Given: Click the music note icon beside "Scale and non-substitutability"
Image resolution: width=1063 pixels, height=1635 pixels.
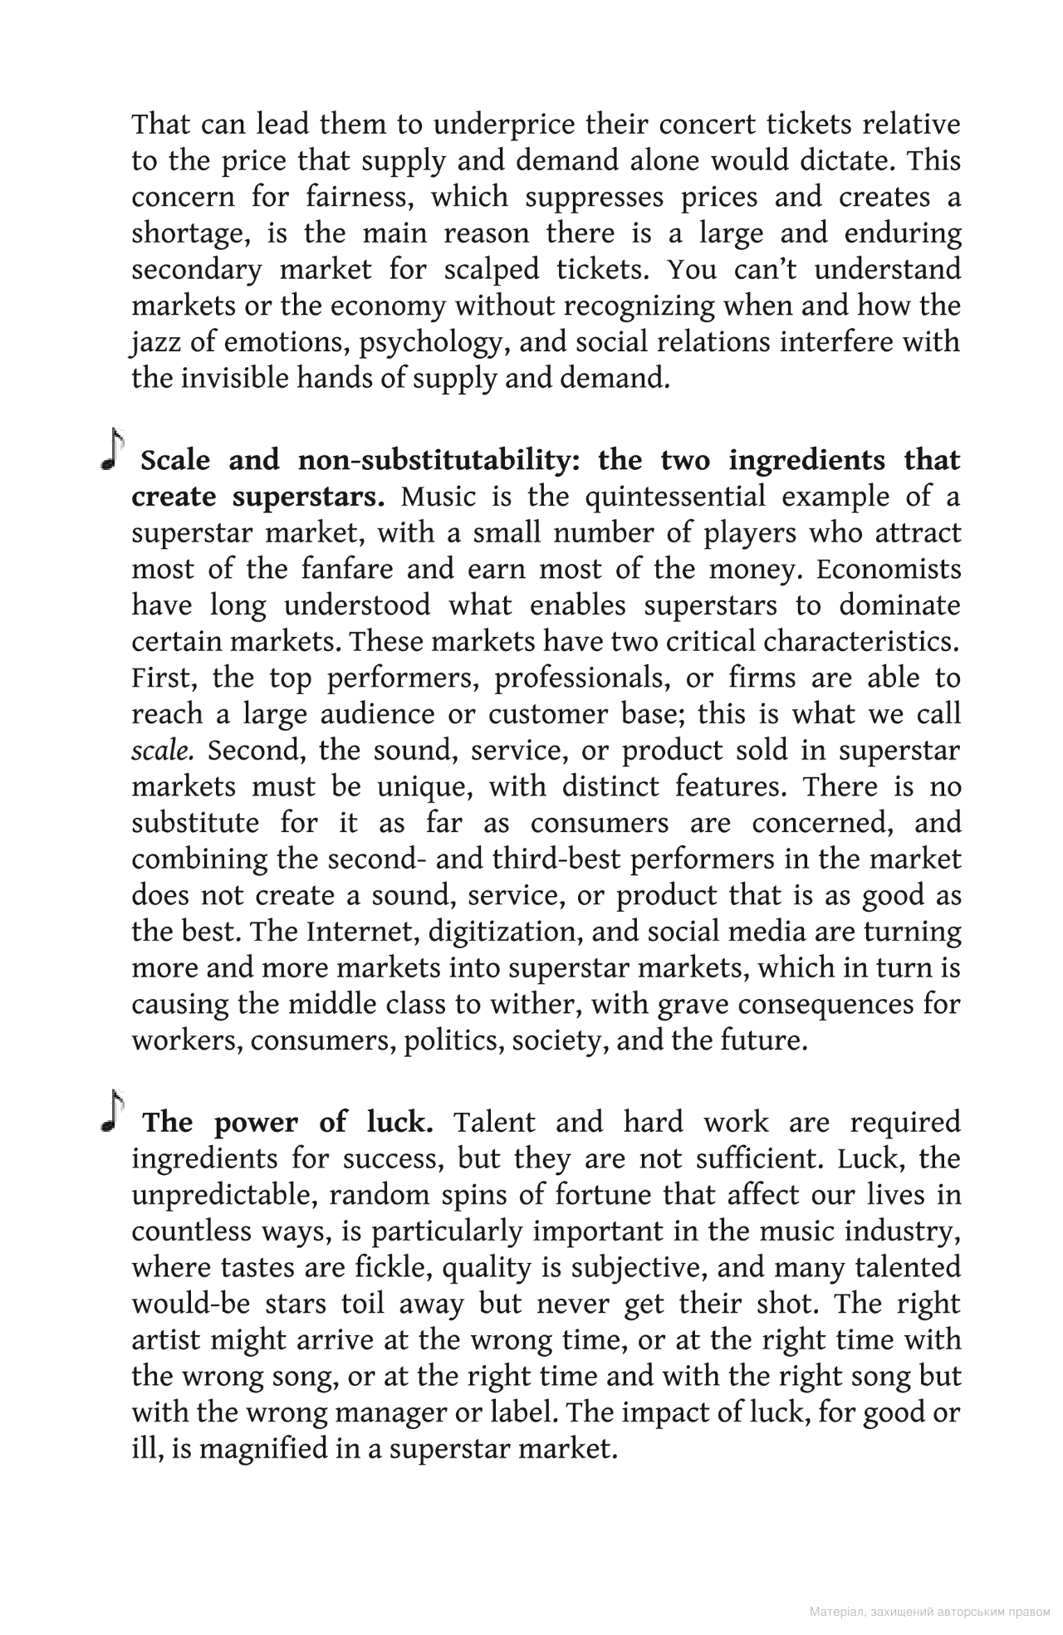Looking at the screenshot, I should (112, 451).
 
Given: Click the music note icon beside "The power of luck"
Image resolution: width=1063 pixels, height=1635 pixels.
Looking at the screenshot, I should (112, 1113).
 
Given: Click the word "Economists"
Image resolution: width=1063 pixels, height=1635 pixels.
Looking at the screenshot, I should (888, 570).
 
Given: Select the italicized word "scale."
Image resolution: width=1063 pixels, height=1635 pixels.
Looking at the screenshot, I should (163, 751).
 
